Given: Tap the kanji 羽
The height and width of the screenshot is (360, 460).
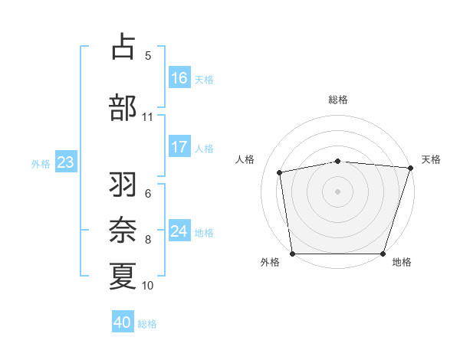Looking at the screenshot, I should [123, 185].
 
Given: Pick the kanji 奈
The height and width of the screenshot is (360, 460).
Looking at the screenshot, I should [123, 230].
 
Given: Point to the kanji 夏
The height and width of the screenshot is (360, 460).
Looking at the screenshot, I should [123, 276].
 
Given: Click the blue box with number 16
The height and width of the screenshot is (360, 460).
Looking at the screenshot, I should [179, 78].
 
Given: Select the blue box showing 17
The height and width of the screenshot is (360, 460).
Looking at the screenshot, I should [179, 147].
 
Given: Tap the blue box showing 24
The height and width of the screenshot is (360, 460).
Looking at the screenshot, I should [179, 231].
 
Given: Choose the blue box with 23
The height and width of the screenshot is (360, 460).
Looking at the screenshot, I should [65, 162].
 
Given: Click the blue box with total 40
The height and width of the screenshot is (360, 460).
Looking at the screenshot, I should [123, 322].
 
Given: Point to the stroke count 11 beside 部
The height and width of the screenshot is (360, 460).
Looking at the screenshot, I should [147, 117].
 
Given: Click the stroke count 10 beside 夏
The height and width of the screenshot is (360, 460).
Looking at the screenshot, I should [147, 286].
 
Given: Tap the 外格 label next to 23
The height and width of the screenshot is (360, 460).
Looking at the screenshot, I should [41, 163].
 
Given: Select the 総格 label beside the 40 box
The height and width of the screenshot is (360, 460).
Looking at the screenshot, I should [147, 323].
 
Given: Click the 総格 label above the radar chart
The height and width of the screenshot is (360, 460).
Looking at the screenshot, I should [337, 100].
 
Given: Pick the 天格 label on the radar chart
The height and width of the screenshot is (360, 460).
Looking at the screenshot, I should [431, 159].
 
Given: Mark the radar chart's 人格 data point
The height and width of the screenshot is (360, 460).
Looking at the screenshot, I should [280, 172].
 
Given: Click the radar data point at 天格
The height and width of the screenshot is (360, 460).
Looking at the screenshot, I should [410, 168].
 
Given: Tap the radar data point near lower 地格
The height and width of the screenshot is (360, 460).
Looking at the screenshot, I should [383, 254].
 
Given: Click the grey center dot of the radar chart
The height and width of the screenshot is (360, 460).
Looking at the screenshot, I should [337, 191].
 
